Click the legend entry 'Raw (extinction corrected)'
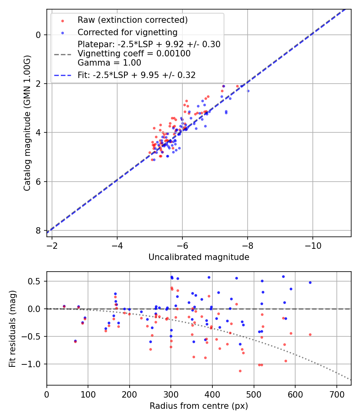pyautogui.click(x=132, y=20)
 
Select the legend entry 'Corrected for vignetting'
pyautogui.click(x=128, y=32)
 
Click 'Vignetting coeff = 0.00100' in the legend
pyautogui.click(x=134, y=54)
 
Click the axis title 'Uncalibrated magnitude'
pyautogui.click(x=199, y=257)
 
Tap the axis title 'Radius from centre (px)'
pyautogui.click(x=199, y=406)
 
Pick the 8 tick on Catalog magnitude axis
pyautogui.click(x=39, y=230)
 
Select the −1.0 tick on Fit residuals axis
pyautogui.click(x=34, y=364)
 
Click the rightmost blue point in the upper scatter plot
pyautogui.click(x=248, y=91)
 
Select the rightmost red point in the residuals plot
pyautogui.click(x=310, y=334)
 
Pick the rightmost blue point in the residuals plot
pyautogui.click(x=310, y=282)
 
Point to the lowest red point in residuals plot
pyautogui.click(x=240, y=371)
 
